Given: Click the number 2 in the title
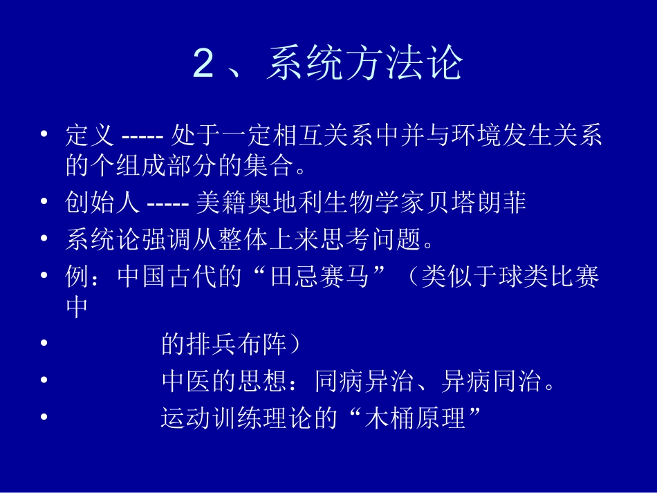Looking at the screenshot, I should click(204, 64).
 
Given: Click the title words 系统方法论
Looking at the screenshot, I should click(364, 64).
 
